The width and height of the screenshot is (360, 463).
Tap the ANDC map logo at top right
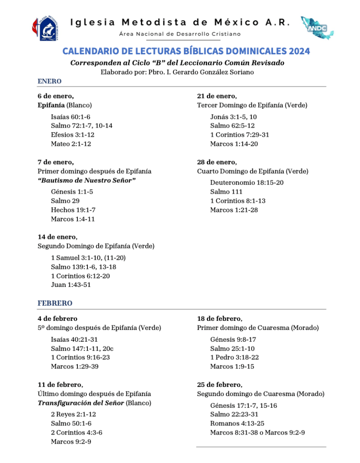317,28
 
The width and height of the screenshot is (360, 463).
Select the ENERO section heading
49,81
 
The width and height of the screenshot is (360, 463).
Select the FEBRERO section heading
55,303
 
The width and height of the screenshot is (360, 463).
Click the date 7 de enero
55,162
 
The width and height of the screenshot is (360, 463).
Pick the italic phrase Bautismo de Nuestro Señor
87,181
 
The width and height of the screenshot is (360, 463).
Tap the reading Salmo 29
65,200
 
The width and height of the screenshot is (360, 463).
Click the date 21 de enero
216,96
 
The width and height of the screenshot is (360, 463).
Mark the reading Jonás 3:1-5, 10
234,116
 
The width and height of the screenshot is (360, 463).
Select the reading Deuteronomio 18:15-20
247,182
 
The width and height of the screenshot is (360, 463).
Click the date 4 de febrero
58,319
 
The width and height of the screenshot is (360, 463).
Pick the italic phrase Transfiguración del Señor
81,403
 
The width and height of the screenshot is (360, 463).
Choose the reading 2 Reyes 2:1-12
73,414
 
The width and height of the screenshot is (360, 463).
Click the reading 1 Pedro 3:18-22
235,357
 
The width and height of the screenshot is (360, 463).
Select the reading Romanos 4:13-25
237,423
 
